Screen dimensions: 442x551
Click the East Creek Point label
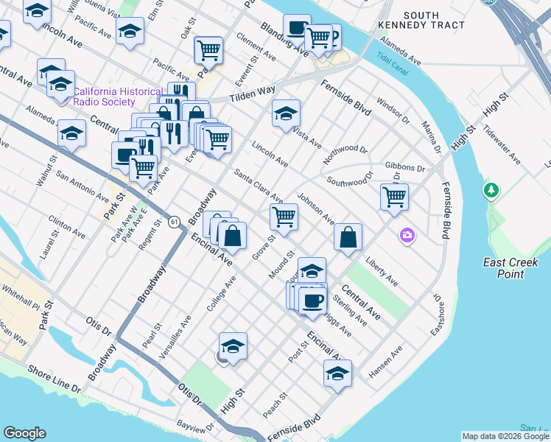(510, 268)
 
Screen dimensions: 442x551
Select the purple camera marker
(407, 236)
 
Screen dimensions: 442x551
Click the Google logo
(24, 433)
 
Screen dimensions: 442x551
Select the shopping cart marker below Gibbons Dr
(395, 197)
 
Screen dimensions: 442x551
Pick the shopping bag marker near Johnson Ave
(348, 237)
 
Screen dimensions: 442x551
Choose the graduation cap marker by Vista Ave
(286, 113)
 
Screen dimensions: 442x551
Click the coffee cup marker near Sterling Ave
(312, 301)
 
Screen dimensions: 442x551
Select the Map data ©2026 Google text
(505, 436)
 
